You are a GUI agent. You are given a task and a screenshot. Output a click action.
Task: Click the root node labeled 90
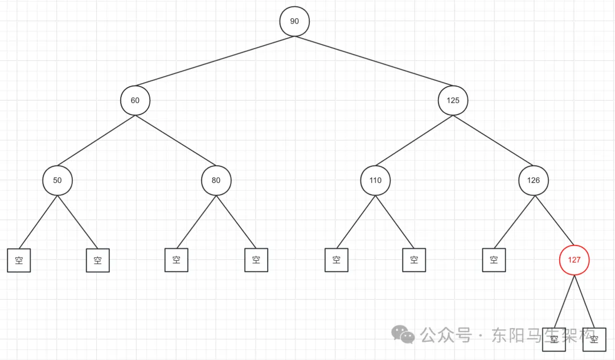tap(294, 21)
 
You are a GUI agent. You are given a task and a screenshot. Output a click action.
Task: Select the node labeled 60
tap(135, 100)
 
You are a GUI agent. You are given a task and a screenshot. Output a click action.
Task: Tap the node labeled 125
tap(453, 100)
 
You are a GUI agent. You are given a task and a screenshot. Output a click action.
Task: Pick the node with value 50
tap(57, 181)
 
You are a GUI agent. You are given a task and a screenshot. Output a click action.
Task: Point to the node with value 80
tap(216, 181)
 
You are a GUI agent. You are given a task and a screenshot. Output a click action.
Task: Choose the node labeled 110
tap(375, 181)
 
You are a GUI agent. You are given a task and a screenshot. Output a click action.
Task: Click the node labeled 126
tap(534, 181)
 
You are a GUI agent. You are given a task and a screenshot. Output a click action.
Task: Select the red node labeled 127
tap(574, 260)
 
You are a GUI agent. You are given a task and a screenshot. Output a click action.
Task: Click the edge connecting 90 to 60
tap(215, 61)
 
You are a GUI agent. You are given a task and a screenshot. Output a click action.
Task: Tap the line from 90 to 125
tap(374, 61)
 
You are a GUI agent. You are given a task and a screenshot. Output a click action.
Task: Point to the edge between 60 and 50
tap(96, 141)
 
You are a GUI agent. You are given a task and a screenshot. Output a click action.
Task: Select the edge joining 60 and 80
tap(175, 141)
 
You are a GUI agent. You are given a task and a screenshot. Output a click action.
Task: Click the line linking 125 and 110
tap(414, 141)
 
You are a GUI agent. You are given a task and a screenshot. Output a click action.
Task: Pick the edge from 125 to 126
tap(493, 141)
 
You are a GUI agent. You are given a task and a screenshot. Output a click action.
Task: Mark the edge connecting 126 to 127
tap(553, 219)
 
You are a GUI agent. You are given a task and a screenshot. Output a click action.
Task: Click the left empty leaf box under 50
tap(19, 260)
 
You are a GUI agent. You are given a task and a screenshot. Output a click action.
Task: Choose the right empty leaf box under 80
tap(256, 260)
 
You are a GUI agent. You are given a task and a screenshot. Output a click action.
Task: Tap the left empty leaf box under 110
tap(337, 260)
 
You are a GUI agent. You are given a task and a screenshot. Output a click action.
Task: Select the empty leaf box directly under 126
tap(494, 260)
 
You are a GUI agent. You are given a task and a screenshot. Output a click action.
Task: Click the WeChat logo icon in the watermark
tap(405, 335)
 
